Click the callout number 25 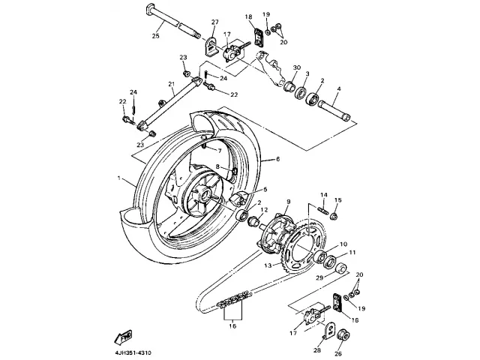pyautogui.click(x=156, y=35)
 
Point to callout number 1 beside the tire pyautogui.click(x=118, y=178)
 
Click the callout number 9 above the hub pyautogui.click(x=286, y=202)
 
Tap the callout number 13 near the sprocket pyautogui.click(x=266, y=265)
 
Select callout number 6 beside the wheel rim pyautogui.click(x=277, y=159)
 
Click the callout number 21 pyautogui.click(x=171, y=84)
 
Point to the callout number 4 pyautogui.click(x=338, y=89)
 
